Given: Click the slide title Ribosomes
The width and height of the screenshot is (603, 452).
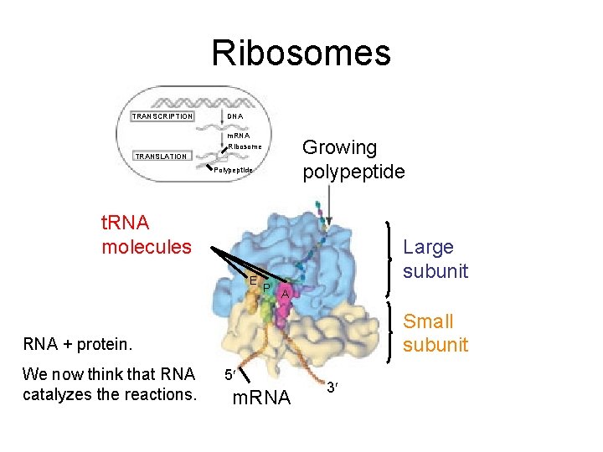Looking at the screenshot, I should (x=301, y=53).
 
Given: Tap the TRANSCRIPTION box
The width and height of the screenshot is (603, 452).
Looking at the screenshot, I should (x=162, y=116).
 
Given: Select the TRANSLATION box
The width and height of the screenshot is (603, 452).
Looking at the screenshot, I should (x=162, y=157).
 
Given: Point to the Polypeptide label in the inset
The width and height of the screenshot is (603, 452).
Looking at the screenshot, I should (x=232, y=170).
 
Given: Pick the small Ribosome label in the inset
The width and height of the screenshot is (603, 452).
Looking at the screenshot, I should (x=245, y=147).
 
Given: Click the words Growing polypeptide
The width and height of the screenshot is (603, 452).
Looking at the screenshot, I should (x=353, y=160).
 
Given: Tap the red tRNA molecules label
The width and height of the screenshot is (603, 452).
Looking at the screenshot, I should (x=146, y=235).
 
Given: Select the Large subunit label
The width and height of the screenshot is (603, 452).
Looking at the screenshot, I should (x=435, y=259).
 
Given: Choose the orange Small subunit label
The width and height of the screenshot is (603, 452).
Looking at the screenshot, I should (x=435, y=332).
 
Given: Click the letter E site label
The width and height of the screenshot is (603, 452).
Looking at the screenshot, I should (x=252, y=280).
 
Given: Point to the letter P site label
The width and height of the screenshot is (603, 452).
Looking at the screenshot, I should (x=265, y=288).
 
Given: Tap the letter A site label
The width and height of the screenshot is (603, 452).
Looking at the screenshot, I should (x=285, y=295).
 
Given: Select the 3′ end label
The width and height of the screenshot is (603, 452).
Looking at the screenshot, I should (x=332, y=387).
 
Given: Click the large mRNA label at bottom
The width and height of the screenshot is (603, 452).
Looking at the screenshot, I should (x=260, y=398).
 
